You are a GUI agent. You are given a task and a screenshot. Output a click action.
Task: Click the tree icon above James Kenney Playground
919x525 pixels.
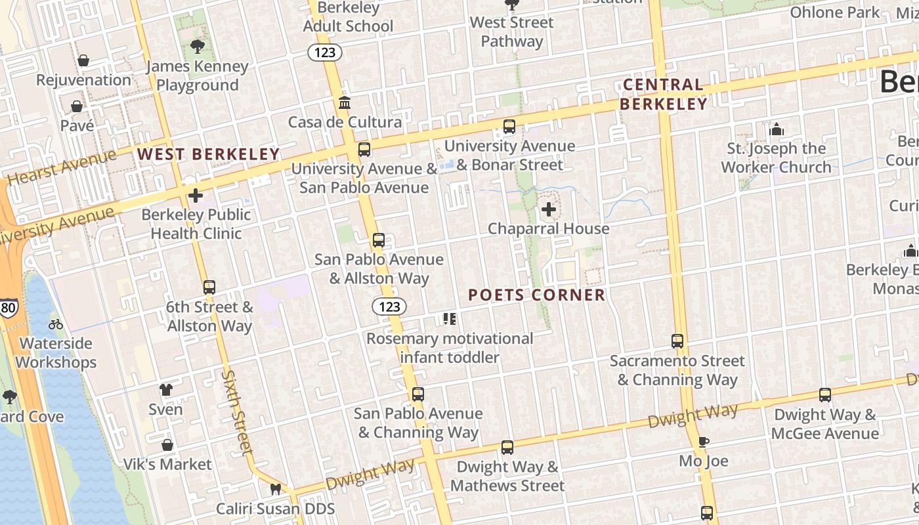click(196, 46)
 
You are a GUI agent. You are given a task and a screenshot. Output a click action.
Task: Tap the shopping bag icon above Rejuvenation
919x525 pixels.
click(83, 60)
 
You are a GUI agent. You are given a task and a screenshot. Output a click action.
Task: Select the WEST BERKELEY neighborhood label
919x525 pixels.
click(208, 154)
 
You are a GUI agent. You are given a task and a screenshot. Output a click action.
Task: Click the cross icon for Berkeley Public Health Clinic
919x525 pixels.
click(195, 196)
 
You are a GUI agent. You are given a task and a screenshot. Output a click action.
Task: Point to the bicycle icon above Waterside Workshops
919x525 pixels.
click(56, 324)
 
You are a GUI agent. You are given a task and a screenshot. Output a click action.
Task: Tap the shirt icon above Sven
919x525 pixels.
click(165, 390)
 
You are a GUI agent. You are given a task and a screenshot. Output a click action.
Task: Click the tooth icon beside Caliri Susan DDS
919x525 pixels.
click(276, 489)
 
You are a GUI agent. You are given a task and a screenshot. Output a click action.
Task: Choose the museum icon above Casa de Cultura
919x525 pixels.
click(345, 103)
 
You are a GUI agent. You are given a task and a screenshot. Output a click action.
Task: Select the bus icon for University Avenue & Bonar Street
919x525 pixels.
click(509, 127)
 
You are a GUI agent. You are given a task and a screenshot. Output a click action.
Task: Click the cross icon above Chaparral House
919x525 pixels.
click(548, 209)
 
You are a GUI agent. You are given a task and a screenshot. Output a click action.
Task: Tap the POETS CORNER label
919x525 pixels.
click(536, 295)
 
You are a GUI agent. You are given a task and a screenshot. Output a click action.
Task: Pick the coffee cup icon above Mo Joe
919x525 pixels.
click(703, 442)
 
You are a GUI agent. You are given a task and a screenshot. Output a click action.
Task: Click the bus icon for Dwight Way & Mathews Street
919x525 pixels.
click(507, 448)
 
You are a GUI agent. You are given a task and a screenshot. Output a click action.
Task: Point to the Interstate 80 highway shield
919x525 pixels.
click(9, 306)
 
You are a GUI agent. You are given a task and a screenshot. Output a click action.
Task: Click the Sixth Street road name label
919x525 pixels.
click(237, 412)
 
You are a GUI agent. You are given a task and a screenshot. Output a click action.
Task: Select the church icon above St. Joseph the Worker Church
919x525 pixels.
click(777, 129)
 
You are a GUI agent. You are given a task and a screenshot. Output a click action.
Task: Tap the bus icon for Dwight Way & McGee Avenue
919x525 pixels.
click(824, 395)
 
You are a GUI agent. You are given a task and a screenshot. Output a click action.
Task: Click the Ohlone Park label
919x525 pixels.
click(834, 12)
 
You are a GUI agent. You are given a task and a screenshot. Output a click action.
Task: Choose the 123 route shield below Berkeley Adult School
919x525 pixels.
click(325, 52)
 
